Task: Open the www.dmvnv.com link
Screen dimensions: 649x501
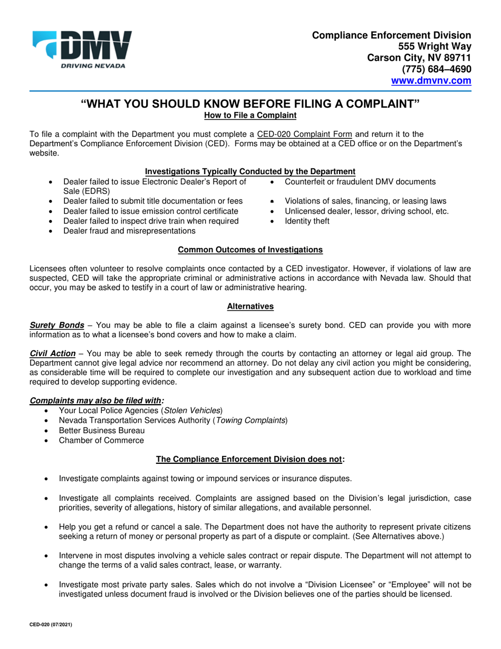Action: click(x=430, y=81)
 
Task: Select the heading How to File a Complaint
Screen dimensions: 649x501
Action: click(x=250, y=114)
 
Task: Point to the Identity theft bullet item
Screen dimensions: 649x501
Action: click(x=307, y=221)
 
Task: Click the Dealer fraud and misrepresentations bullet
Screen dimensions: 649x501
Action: click(x=129, y=231)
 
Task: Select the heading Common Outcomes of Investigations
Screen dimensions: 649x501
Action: click(x=250, y=249)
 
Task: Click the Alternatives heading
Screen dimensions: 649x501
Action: click(x=250, y=306)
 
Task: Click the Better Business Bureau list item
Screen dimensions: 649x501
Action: click(x=102, y=430)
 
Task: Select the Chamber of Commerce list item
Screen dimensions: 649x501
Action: click(x=101, y=440)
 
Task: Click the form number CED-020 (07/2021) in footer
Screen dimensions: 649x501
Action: click(x=51, y=624)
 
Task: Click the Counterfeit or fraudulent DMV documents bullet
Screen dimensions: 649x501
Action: click(x=360, y=182)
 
